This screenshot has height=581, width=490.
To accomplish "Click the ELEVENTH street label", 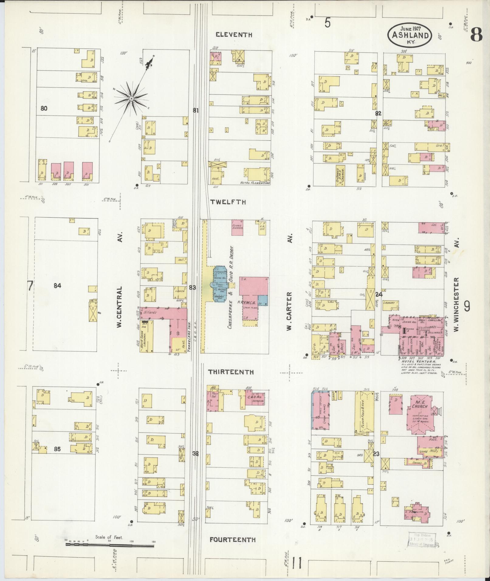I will pyautogui.click(x=234, y=35).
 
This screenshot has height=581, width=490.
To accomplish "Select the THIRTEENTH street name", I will pyautogui.click(x=231, y=372).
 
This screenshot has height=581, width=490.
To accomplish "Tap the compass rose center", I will pyautogui.click(x=131, y=99).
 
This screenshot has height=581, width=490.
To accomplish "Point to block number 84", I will pyautogui.click(x=57, y=285).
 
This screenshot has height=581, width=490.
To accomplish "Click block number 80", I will pyautogui.click(x=44, y=108).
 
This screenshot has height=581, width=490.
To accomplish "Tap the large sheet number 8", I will pyautogui.click(x=476, y=36).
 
